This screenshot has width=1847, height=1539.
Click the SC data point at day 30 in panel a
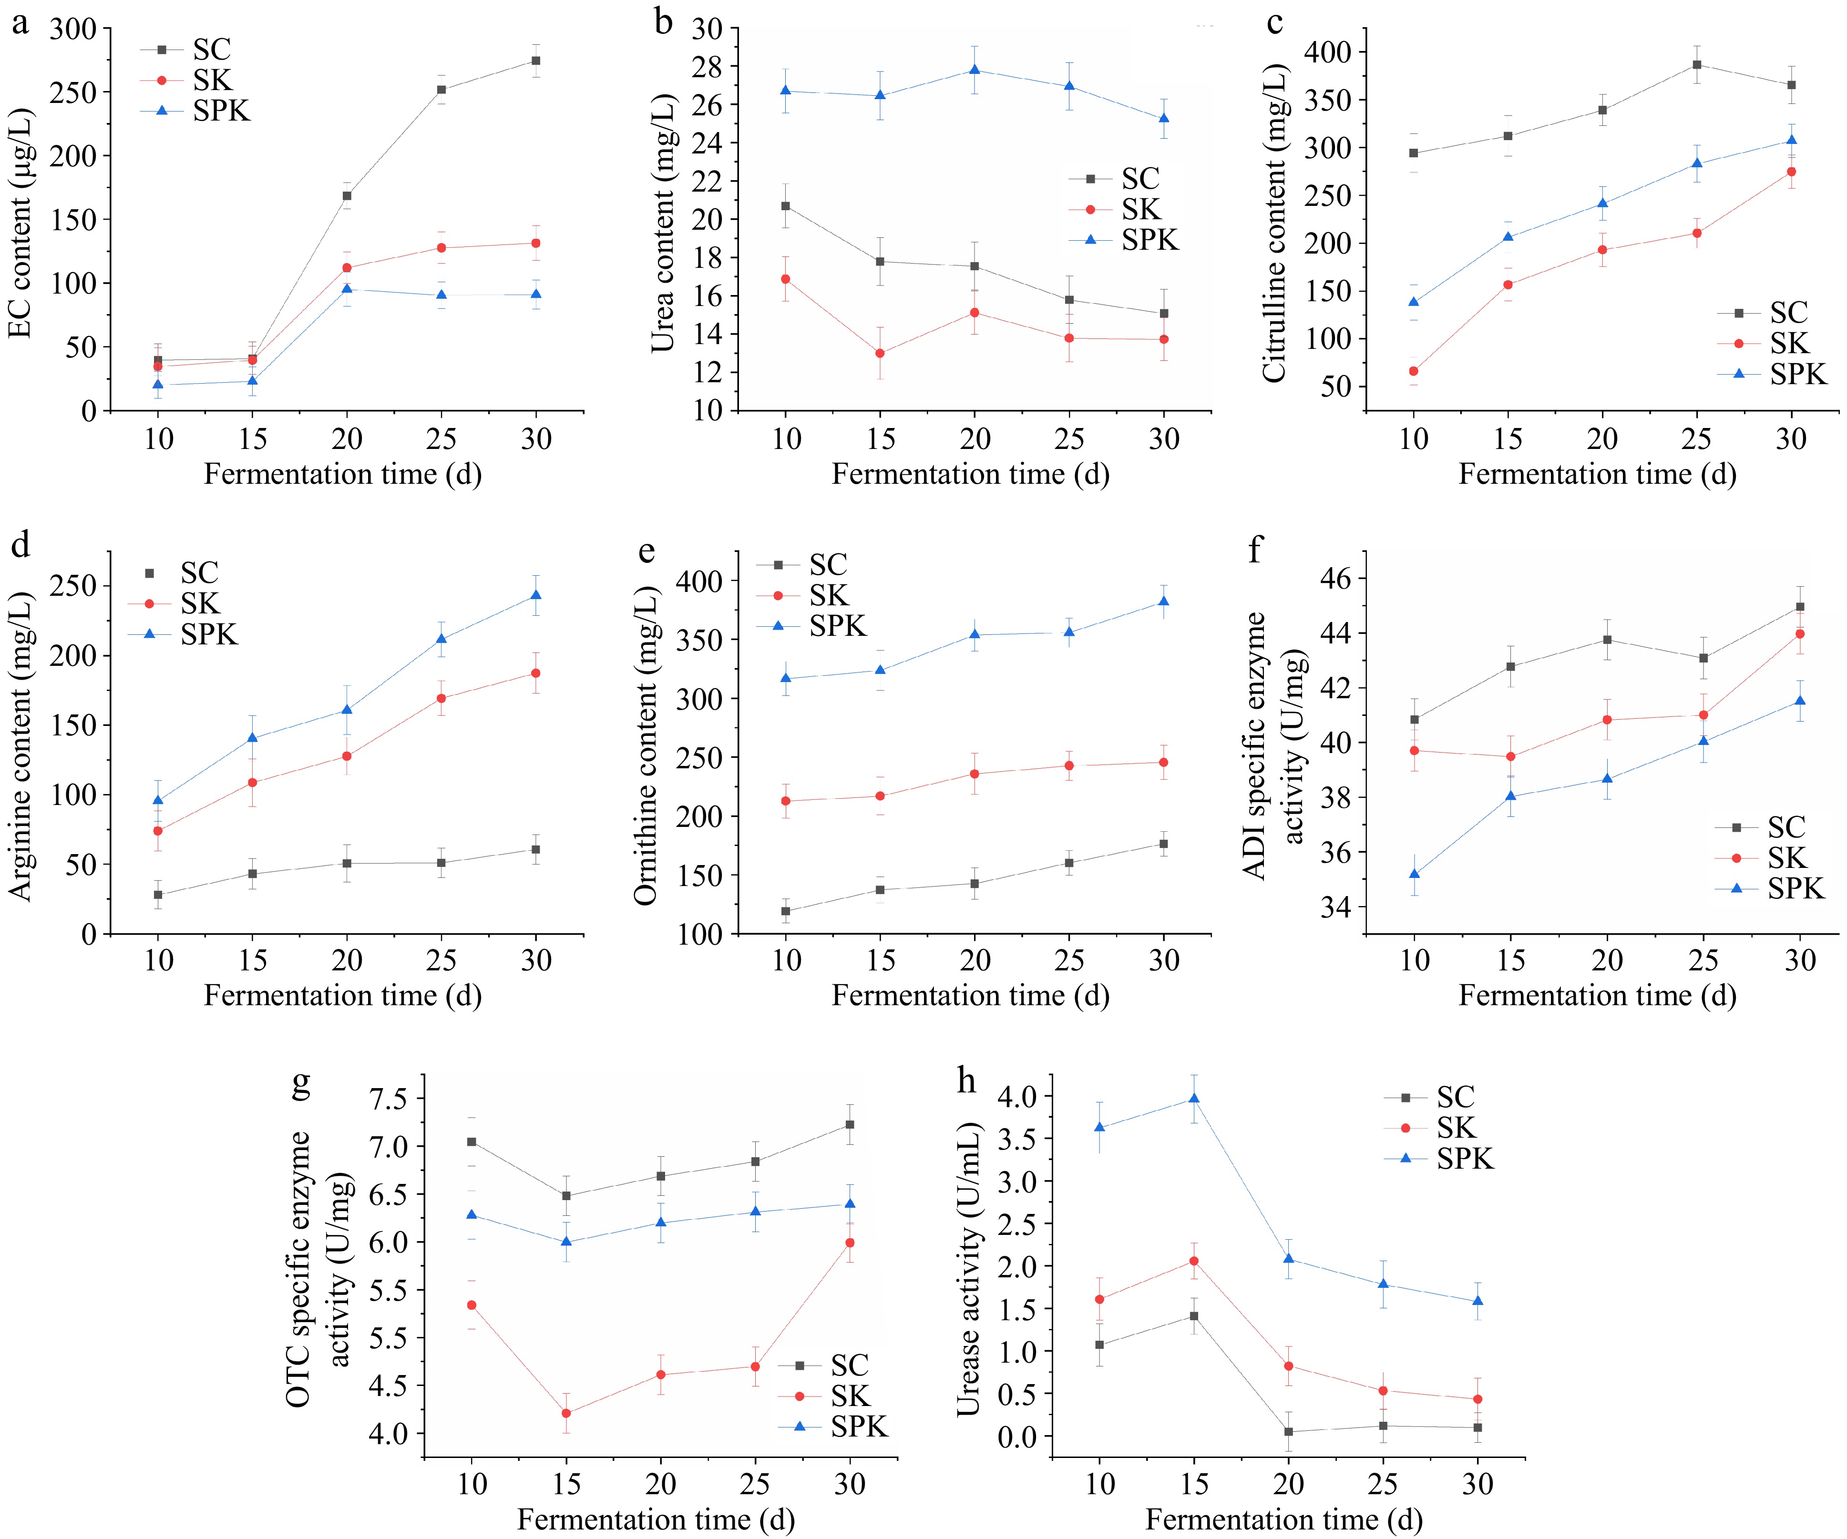click(535, 61)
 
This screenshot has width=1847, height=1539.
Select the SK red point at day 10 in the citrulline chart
click(1414, 371)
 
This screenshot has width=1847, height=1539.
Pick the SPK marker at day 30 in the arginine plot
click(535, 595)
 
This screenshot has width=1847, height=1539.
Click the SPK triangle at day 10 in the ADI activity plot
click(1414, 874)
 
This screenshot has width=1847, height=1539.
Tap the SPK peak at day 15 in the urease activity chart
click(1193, 1099)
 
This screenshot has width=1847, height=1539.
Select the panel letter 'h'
click(966, 1080)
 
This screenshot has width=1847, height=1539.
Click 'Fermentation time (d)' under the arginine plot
click(343, 996)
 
